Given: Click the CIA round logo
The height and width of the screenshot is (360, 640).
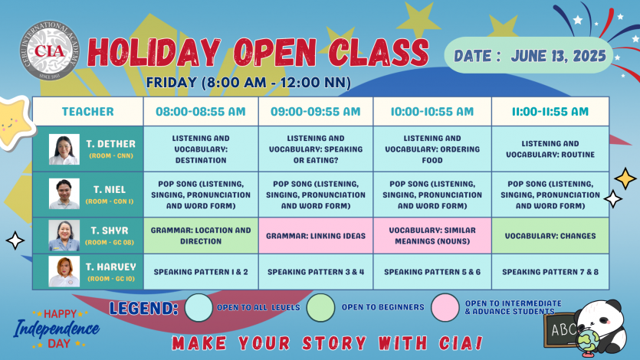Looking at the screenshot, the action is pos(50,50).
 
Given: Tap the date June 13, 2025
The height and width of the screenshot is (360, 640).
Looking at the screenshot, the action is pos(558,56).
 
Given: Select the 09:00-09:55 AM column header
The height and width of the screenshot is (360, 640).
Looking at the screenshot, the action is pos(316,111).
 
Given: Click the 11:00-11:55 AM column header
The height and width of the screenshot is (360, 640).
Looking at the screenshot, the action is pos(550,111).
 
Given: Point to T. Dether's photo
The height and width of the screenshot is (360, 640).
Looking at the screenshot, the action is pos(64,149).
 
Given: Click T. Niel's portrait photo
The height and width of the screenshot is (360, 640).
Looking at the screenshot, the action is pos(64,194).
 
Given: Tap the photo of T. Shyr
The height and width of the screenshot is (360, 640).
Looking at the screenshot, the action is pos(64,236).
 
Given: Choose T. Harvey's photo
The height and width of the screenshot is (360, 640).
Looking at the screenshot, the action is pos(64,271).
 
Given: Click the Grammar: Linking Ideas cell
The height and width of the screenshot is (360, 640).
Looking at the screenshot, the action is pos(316,236).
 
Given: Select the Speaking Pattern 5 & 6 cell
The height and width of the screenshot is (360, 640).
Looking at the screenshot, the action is pos(432,272).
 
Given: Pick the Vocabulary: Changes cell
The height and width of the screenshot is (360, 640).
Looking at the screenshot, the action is pos(550,236).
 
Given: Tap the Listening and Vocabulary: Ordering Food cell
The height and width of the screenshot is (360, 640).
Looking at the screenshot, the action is pos(432,149).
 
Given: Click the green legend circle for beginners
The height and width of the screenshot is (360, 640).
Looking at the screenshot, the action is pos(321,308).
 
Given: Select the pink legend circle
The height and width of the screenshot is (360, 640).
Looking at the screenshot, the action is pos(445,308).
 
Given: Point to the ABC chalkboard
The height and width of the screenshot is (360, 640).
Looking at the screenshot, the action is pos(561,329).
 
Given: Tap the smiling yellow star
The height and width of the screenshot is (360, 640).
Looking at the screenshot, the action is pos(14,123).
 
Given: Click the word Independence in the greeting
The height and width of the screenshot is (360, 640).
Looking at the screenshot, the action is pos(56,329).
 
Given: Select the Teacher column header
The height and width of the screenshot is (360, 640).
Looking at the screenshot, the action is pos(87,111).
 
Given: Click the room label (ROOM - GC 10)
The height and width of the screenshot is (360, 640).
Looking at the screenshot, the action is pos(111,279).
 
